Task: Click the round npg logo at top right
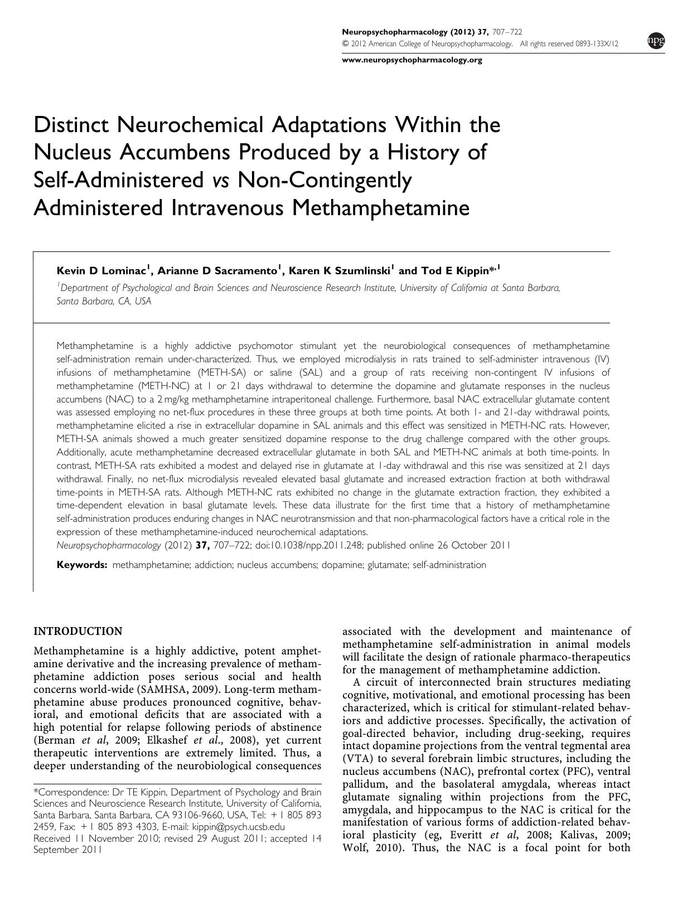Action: point(656,41)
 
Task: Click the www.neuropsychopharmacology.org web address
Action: point(412,60)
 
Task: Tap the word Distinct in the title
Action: point(72,125)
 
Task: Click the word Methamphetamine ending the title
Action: point(380,208)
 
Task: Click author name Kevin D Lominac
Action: point(102,271)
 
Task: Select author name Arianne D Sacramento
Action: point(217,271)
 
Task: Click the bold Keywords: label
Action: point(82,565)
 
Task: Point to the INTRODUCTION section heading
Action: point(78,631)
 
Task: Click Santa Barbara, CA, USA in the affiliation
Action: point(104,301)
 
